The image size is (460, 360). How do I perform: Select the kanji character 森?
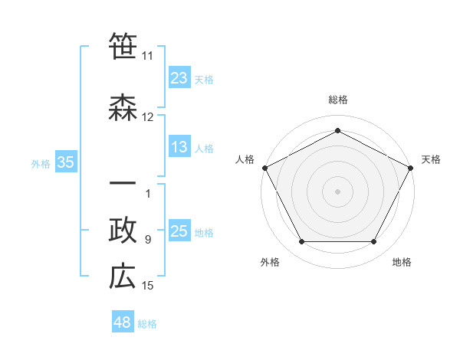pos(123,109)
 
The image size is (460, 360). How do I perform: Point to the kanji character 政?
pos(123,231)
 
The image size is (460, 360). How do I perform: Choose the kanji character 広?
pos(123,277)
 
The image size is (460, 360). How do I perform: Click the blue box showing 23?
pos(179,78)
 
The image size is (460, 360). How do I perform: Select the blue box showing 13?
pos(179,147)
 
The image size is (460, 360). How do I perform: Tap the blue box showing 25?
pos(179,231)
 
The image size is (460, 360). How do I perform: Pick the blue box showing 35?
pos(65,162)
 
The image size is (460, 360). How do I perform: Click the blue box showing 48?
pos(123,322)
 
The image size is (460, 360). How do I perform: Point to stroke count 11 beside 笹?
pos(148,56)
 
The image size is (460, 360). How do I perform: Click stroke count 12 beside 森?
pos(148,117)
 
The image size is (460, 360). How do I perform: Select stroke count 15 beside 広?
pos(148,286)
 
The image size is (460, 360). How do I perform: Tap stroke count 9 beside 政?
pos(148,240)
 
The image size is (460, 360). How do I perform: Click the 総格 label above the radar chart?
pos(337,100)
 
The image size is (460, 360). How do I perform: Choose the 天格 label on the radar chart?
pos(431,159)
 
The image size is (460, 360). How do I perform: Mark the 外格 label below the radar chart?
pos(270,262)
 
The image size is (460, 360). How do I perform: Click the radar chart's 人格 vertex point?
pos(264,167)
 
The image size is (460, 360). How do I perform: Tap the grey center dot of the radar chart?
pos(337,190)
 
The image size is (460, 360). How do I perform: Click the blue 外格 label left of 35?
pos(41,163)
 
